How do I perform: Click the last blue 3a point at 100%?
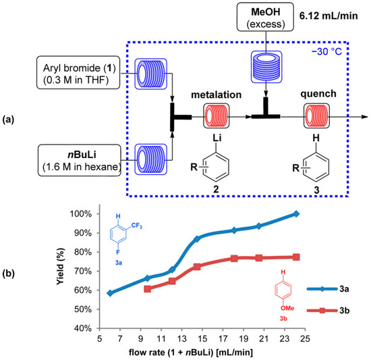point(296,214)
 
